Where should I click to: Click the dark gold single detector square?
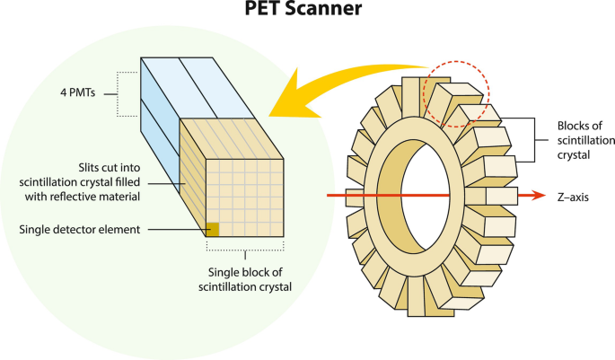(x=214, y=230)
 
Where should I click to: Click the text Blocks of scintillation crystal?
(x=574, y=141)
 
